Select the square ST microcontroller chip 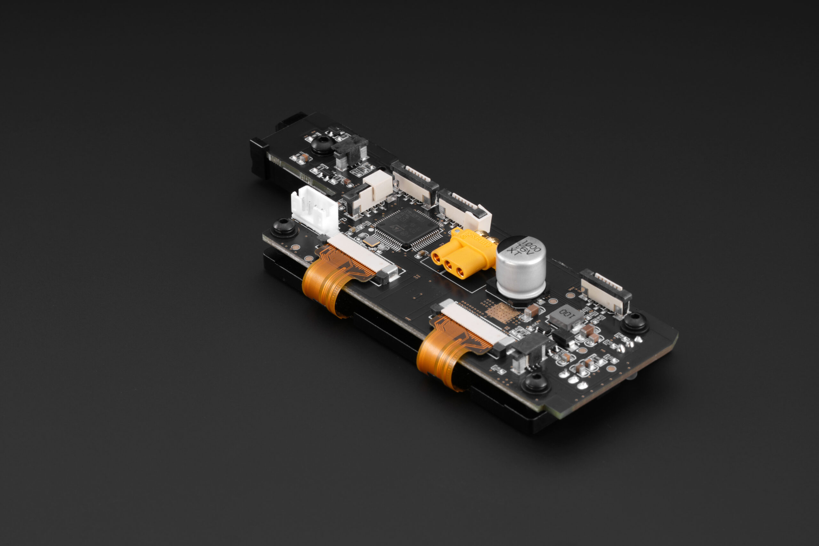pos(407,228)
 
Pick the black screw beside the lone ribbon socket pos(635,322)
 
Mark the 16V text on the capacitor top pos(524,249)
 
